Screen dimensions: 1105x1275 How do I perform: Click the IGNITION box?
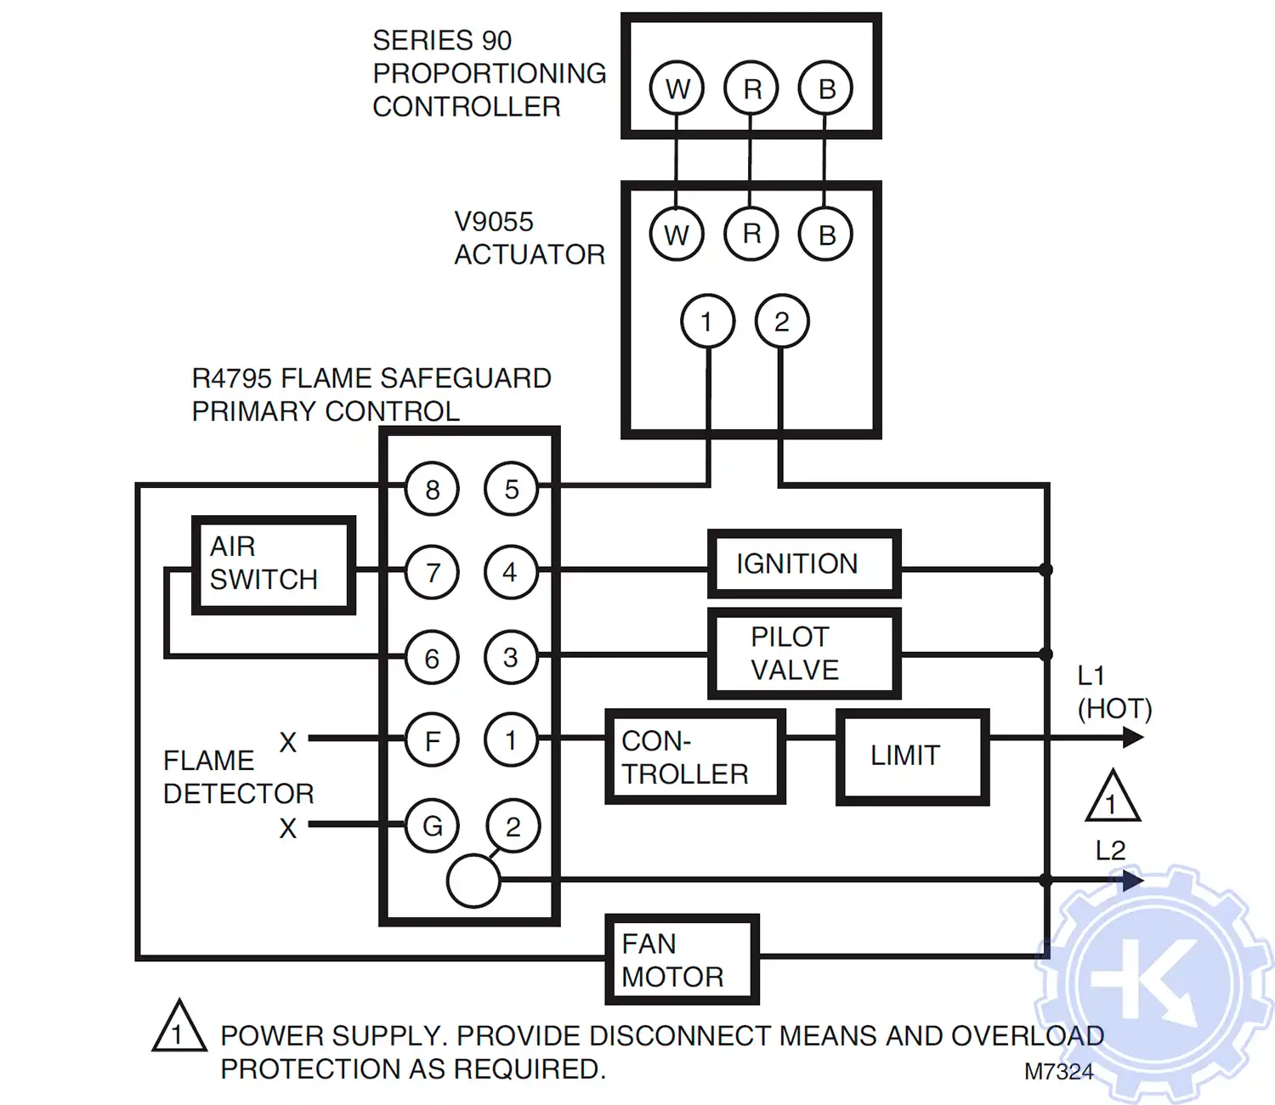pyautogui.click(x=804, y=564)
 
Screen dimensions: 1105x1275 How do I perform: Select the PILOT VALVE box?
pyautogui.click(x=804, y=654)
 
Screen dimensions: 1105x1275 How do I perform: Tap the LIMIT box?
pyautogui.click(x=913, y=756)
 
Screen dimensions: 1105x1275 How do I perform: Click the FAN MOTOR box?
pyautogui.click(x=682, y=960)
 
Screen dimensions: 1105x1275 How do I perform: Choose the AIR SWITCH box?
pyautogui.click(x=273, y=564)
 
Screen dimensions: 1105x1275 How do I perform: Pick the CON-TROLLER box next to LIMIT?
pyautogui.click(x=694, y=756)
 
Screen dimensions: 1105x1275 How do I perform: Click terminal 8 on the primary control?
pyautogui.click(x=432, y=490)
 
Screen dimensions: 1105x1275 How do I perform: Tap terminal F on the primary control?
pyautogui.click(x=432, y=740)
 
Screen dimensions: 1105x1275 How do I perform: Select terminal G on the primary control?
pyautogui.click(x=432, y=825)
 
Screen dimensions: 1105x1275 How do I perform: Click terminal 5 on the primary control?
pyautogui.click(x=511, y=490)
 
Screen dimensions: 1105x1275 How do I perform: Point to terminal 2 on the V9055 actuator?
pyautogui.click(x=781, y=321)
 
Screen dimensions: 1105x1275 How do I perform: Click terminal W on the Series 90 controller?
pyautogui.click(x=677, y=88)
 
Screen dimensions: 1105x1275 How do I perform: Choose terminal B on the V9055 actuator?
pyautogui.click(x=825, y=235)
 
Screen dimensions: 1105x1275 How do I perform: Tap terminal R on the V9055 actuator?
pyautogui.click(x=751, y=234)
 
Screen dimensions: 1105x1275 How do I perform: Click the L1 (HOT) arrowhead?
pyautogui.click(x=1132, y=738)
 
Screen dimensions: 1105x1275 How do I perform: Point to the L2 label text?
pyautogui.click(x=1110, y=850)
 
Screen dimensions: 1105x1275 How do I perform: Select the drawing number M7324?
pyautogui.click(x=1058, y=1072)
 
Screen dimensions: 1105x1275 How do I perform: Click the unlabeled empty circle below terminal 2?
pyautogui.click(x=473, y=881)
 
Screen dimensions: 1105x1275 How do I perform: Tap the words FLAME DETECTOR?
pyautogui.click(x=238, y=777)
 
